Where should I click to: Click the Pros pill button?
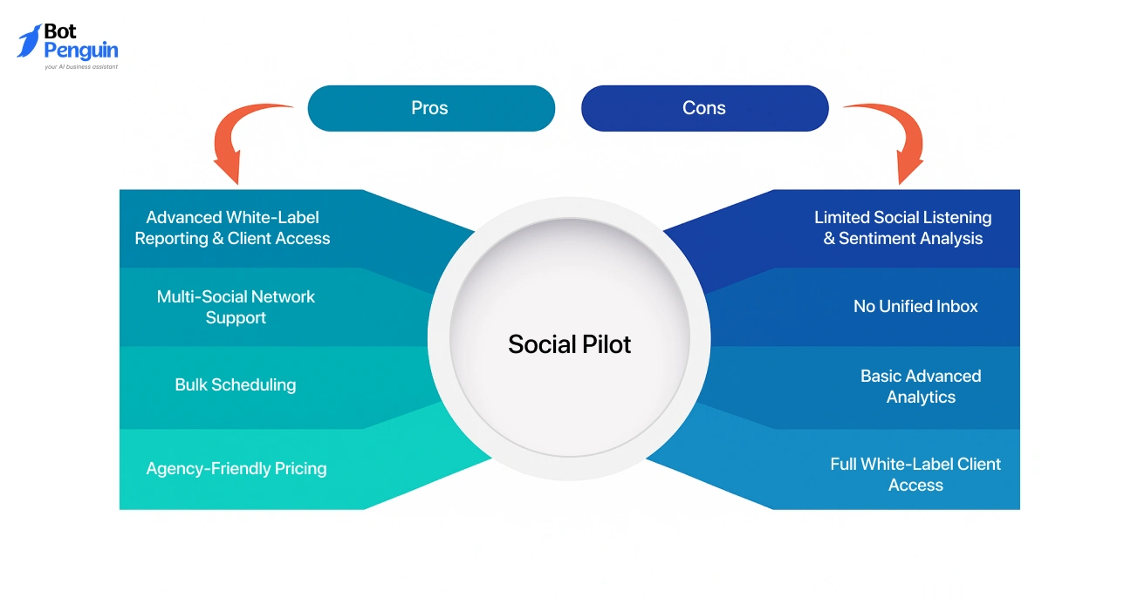click(x=431, y=108)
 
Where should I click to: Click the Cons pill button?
click(x=704, y=108)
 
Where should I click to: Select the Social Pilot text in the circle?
click(x=569, y=344)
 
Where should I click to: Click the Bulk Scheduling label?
click(x=235, y=384)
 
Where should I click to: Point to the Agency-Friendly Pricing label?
click(x=236, y=468)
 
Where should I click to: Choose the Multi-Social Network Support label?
click(x=236, y=307)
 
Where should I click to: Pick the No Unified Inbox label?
click(x=915, y=306)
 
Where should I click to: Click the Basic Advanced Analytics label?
click(x=921, y=386)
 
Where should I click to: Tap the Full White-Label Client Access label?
click(x=915, y=474)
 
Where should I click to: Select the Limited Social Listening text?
click(x=902, y=217)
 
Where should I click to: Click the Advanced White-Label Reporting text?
click(x=232, y=228)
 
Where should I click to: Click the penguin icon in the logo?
click(x=29, y=41)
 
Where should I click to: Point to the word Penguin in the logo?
click(x=80, y=51)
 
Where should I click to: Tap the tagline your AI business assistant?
click(x=80, y=66)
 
